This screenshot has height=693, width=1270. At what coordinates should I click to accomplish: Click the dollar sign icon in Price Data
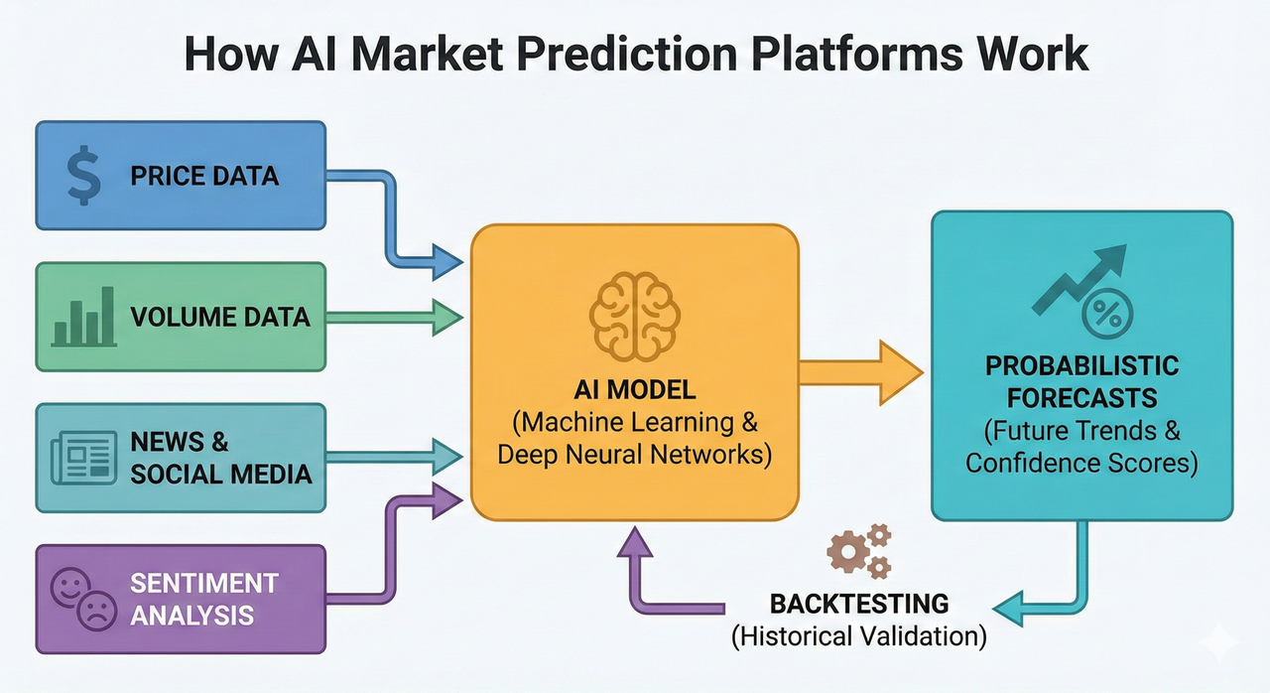82,177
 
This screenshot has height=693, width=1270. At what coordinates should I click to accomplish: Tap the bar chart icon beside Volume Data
82,318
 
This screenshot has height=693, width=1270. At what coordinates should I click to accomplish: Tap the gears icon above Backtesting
859,552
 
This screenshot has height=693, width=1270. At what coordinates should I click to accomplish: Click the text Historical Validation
859,635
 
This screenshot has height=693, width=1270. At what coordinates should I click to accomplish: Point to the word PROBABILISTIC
1081,366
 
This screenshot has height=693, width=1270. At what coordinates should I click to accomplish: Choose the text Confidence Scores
1081,463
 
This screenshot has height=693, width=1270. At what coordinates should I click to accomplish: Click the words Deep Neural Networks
635,455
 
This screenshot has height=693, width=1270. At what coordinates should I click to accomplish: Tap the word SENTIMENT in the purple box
204,583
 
